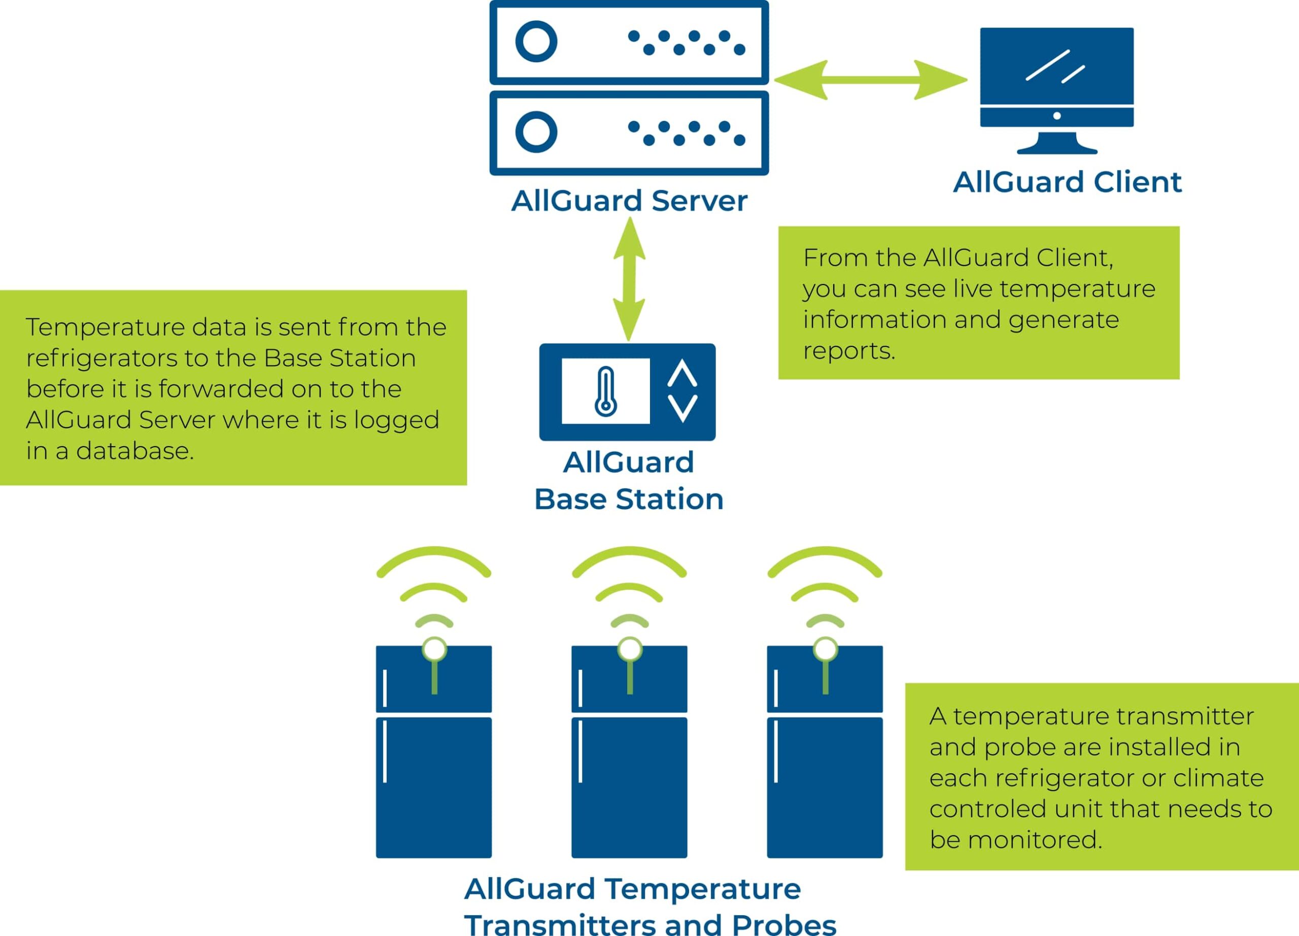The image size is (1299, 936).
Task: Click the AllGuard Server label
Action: [x=629, y=201]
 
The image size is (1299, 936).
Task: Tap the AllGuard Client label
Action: [x=1067, y=183]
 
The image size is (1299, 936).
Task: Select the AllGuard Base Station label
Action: [x=628, y=480]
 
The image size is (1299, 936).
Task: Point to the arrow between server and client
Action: [x=871, y=80]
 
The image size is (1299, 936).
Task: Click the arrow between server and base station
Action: [x=629, y=279]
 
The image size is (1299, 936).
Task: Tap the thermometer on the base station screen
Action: [x=605, y=391]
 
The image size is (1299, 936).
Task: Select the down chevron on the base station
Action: [x=682, y=408]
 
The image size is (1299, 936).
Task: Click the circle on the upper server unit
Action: [x=536, y=42]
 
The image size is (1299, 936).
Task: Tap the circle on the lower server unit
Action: [x=536, y=132]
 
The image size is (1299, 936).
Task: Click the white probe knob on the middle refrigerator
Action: [x=629, y=650]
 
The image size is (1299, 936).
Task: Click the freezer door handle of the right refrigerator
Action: [x=775, y=688]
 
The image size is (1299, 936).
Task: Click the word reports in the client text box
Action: [x=849, y=351]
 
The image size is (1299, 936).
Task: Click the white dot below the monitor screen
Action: [x=1057, y=116]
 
